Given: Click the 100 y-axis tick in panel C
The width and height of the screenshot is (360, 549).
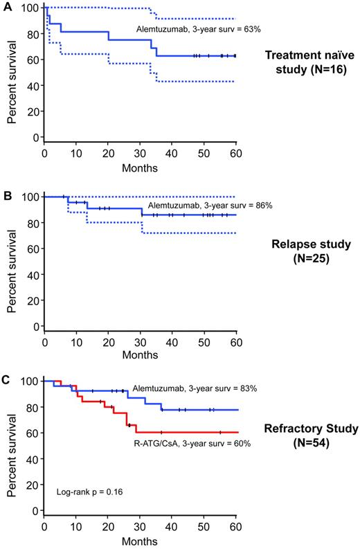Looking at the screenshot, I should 30,381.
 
